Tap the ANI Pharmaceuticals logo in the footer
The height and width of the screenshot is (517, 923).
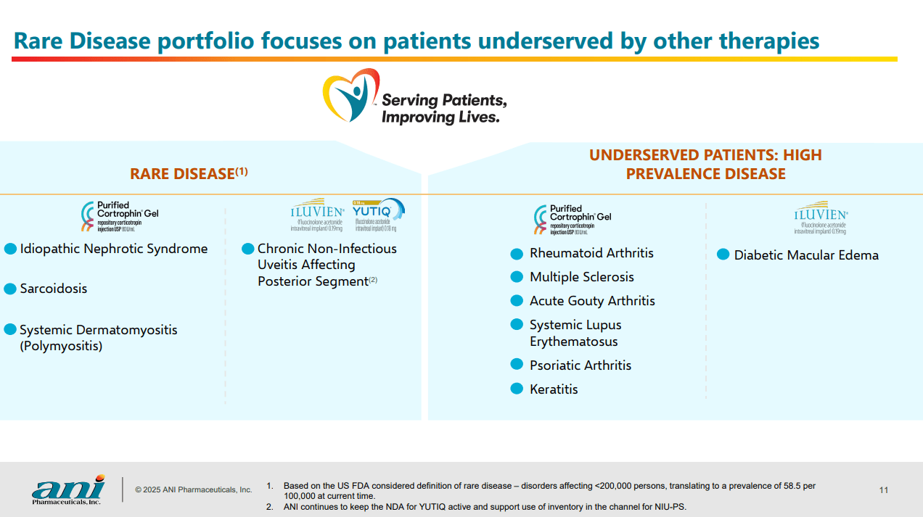[x=67, y=491]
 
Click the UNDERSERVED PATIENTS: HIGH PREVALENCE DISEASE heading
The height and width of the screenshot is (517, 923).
[x=705, y=165]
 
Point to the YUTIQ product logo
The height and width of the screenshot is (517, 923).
[x=378, y=215]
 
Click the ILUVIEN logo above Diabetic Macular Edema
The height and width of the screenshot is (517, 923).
[x=820, y=218]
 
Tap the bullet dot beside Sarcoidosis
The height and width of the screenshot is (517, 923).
[x=10, y=289]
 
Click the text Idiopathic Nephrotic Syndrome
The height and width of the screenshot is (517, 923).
[x=114, y=249]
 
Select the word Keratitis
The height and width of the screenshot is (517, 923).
[x=554, y=389]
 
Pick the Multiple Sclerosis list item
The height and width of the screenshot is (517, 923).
[x=581, y=277]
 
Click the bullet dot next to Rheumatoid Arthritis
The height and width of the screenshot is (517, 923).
[x=517, y=254]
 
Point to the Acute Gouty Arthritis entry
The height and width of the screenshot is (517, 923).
[x=592, y=301]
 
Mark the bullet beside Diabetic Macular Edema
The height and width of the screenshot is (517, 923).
[x=723, y=255]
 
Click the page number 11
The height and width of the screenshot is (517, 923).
[x=883, y=490]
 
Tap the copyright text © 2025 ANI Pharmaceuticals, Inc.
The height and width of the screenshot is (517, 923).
[x=194, y=490]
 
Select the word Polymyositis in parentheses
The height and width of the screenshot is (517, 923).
[x=61, y=346]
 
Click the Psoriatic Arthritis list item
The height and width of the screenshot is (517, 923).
[x=581, y=365]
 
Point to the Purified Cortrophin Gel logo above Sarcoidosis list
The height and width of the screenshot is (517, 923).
[x=120, y=217]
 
